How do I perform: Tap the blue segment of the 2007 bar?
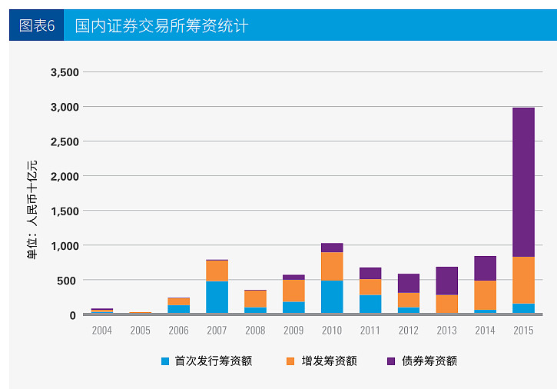click(x=217, y=297)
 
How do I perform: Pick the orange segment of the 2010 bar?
click(x=332, y=266)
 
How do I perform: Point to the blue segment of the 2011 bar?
click(x=370, y=304)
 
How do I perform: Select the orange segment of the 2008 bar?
click(x=255, y=298)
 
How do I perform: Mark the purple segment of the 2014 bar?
click(x=485, y=268)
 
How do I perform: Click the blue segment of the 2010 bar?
click(x=332, y=297)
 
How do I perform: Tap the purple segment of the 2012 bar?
click(x=409, y=283)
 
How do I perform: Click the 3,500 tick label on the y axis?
click(x=64, y=72)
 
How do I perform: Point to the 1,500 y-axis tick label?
click(x=64, y=211)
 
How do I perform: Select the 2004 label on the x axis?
click(x=102, y=330)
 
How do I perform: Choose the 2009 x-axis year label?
click(x=293, y=330)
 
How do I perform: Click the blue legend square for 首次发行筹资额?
click(x=165, y=361)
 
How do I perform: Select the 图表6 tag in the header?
click(x=37, y=25)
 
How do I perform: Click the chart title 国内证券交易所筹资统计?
click(x=161, y=25)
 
